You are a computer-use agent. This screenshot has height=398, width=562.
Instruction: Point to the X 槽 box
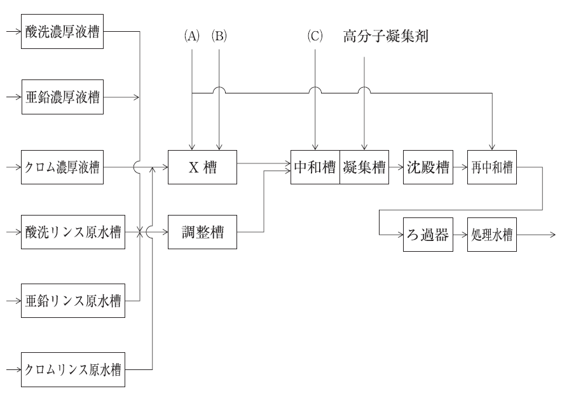(202, 167)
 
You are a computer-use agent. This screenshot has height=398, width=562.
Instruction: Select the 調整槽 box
(202, 233)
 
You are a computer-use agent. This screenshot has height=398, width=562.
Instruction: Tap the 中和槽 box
(315, 167)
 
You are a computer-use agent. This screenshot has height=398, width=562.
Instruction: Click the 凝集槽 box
(364, 167)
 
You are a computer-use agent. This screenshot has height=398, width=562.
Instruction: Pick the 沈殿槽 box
(427, 167)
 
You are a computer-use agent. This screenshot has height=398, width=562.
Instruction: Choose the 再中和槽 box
(491, 167)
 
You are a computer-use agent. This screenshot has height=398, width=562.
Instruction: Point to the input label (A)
(191, 36)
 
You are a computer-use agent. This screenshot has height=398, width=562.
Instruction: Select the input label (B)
(219, 36)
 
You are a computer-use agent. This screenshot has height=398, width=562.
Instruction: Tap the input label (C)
(315, 36)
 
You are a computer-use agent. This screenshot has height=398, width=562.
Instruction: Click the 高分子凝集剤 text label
(386, 36)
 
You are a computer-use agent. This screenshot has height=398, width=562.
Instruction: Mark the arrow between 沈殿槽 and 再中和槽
(458, 167)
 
